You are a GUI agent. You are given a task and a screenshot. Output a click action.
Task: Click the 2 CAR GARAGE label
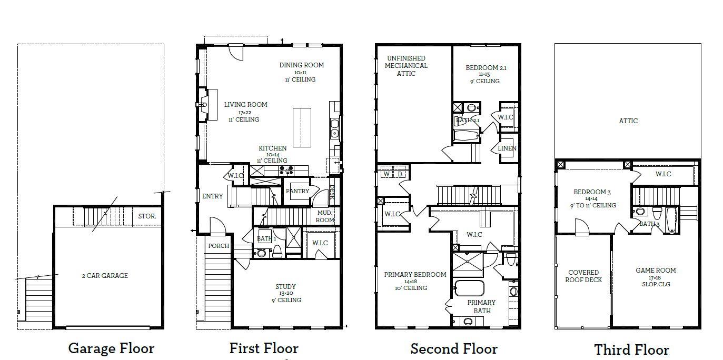104,275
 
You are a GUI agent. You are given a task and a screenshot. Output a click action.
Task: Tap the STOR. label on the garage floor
147,216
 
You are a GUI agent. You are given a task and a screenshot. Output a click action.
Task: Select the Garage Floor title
111,348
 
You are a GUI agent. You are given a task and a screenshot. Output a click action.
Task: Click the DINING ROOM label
301,65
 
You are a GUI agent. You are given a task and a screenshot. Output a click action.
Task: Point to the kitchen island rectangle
302,127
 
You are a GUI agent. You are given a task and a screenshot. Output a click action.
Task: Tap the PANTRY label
298,191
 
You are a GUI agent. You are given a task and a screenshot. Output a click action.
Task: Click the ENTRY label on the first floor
212,196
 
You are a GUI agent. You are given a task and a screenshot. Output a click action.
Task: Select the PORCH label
219,246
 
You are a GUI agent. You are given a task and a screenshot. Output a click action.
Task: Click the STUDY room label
285,287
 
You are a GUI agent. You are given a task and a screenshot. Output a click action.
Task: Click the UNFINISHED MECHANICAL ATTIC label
406,66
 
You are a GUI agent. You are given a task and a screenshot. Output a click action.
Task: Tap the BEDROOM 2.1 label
486,68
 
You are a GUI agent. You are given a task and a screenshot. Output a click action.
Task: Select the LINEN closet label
507,148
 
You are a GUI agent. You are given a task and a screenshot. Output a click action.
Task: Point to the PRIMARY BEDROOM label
415,275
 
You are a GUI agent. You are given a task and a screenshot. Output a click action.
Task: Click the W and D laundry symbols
393,174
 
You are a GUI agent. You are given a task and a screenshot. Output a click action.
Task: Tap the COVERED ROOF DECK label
583,276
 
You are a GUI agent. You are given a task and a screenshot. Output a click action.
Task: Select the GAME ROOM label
656,271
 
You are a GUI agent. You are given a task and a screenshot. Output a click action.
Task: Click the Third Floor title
631,349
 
